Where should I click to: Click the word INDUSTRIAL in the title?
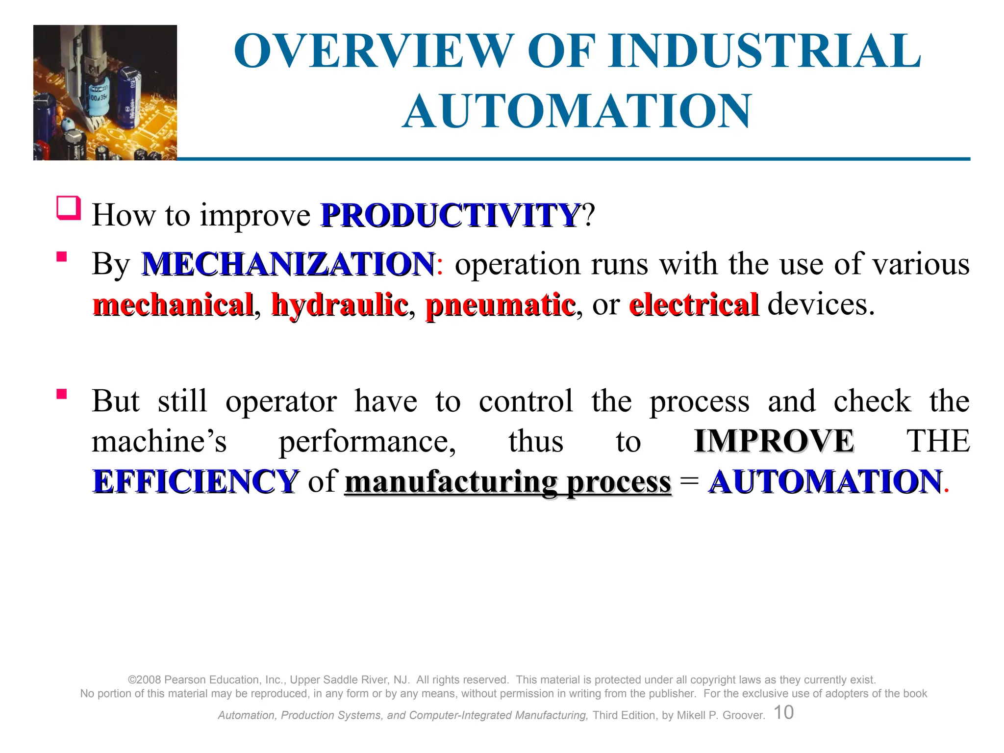(x=764, y=51)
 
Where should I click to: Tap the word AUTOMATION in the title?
(x=577, y=111)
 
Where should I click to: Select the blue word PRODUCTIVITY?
(x=450, y=215)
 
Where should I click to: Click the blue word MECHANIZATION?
(x=288, y=264)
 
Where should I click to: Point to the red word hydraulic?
(x=339, y=305)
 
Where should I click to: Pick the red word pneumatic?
(x=500, y=305)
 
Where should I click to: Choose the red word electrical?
(x=693, y=305)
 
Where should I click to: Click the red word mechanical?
(x=173, y=305)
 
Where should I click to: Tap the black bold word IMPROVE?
(x=774, y=441)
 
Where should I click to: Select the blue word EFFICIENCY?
(x=195, y=481)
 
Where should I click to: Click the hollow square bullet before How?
(x=68, y=208)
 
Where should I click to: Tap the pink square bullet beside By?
(x=62, y=257)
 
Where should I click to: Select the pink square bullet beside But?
(x=62, y=394)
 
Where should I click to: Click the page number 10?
(x=783, y=712)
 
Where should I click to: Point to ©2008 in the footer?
(x=145, y=680)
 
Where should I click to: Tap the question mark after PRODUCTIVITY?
(x=588, y=215)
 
